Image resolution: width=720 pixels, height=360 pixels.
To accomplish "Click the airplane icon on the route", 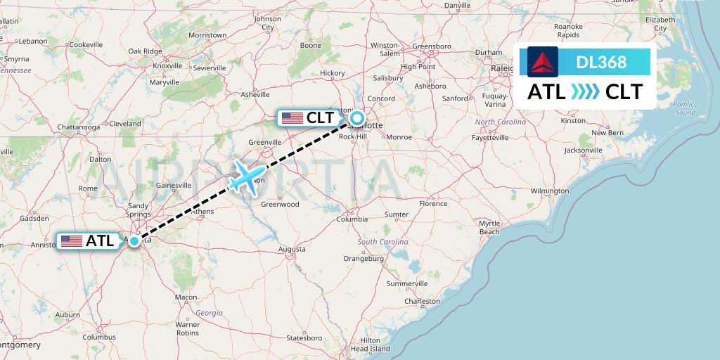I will click(x=247, y=176).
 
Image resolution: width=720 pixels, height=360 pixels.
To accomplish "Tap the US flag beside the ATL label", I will click(x=72, y=241).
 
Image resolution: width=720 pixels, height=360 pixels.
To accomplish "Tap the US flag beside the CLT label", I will click(x=292, y=118).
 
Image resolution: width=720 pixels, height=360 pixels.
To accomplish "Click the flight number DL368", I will click(x=601, y=62).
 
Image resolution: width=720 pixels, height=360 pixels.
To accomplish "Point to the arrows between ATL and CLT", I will click(x=585, y=92).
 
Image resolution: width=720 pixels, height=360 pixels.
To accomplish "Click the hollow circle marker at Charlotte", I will click(x=357, y=118).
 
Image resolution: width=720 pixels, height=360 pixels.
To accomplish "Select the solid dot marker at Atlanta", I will click(x=134, y=240).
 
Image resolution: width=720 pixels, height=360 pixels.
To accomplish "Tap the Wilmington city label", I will click(x=550, y=191).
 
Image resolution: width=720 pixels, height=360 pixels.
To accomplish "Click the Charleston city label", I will click(x=422, y=301).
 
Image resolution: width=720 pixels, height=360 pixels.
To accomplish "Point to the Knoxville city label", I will click(x=167, y=65).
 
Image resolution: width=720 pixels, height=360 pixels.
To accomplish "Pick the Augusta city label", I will click(x=292, y=249).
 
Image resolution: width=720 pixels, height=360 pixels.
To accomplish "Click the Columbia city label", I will click(x=352, y=219).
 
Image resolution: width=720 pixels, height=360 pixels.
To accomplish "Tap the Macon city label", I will click(x=186, y=297).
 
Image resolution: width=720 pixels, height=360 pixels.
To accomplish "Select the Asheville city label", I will click(x=255, y=94).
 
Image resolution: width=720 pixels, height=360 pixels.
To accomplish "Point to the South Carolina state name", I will click(x=382, y=242).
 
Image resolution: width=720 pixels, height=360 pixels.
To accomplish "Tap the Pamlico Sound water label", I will click(x=684, y=108).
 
